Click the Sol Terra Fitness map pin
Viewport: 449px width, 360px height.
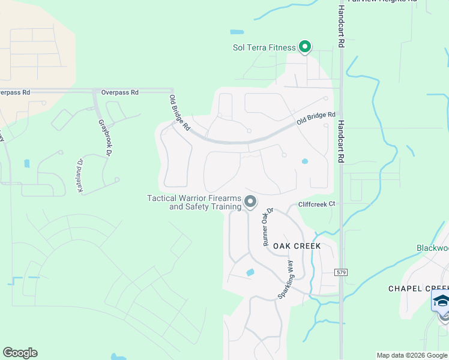305,46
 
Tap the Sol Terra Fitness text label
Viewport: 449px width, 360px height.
264,48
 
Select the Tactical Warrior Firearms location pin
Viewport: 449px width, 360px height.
250,202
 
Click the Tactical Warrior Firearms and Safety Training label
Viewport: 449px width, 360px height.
194,203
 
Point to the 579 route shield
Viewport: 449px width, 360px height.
342,272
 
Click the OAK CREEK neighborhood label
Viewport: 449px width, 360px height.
297,246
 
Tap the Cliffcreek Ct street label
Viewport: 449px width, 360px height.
316,204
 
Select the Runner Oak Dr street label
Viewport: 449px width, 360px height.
268,227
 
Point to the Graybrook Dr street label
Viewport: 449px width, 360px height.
106,137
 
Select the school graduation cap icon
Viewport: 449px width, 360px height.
441,301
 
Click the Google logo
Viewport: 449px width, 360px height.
20,353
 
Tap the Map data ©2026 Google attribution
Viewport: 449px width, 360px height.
411,355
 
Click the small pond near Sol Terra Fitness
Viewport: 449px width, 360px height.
237,32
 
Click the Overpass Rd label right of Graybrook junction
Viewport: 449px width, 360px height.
120,92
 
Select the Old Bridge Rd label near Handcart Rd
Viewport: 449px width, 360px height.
316,118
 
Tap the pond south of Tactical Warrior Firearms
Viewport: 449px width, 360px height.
250,273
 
